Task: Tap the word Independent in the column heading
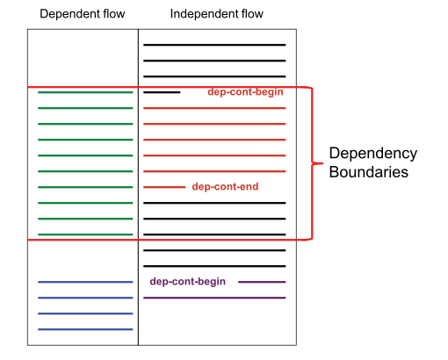coord(205,14)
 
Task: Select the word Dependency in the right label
coord(373,154)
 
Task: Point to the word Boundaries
coord(369,172)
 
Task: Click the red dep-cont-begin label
coord(245,92)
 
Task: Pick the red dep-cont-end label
coord(225,187)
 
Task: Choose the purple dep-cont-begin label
coord(188,282)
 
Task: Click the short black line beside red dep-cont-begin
coord(162,92)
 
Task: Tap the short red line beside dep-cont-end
coord(164,187)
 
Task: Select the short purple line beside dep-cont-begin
coord(262,282)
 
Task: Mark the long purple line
coord(214,298)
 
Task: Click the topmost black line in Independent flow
coord(214,45)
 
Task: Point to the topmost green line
coord(85,92)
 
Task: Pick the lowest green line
coord(85,234)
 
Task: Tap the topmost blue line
coord(85,282)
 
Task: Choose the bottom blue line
coord(85,329)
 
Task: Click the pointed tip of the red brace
coord(323,163)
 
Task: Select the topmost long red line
coord(214,108)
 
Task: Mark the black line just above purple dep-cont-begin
coord(214,266)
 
